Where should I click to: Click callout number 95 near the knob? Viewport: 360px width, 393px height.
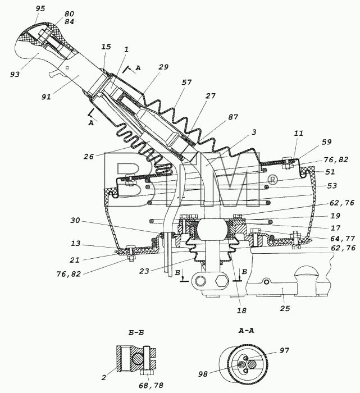pyautogui.click(x=40, y=8)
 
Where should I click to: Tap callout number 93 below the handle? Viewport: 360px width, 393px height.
pyautogui.click(x=15, y=75)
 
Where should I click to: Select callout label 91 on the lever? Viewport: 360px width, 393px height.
pyautogui.click(x=47, y=97)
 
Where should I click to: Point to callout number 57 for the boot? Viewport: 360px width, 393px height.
pyautogui.click(x=187, y=82)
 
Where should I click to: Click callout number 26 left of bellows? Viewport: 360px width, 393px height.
pyautogui.click(x=89, y=157)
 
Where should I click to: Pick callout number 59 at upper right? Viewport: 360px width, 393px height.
pyautogui.click(x=327, y=142)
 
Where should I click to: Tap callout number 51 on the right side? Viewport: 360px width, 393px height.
pyautogui.click(x=330, y=172)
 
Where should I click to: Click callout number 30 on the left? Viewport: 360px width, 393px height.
pyautogui.click(x=75, y=220)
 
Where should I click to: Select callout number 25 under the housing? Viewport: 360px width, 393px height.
pyautogui.click(x=285, y=308)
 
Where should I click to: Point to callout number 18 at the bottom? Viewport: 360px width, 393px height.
pyautogui.click(x=241, y=310)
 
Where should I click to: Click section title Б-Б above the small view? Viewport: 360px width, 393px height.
pyautogui.click(x=136, y=332)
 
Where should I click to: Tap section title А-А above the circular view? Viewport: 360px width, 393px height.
pyautogui.click(x=246, y=331)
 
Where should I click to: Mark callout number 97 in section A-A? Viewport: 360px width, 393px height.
pyautogui.click(x=284, y=350)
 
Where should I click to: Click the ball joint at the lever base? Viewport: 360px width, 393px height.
pyautogui.click(x=210, y=230)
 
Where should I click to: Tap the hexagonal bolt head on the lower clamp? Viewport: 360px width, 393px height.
pyautogui.click(x=222, y=281)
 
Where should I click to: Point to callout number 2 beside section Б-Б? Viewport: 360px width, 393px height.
pyautogui.click(x=104, y=377)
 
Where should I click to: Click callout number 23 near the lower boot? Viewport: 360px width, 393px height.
pyautogui.click(x=144, y=271)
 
